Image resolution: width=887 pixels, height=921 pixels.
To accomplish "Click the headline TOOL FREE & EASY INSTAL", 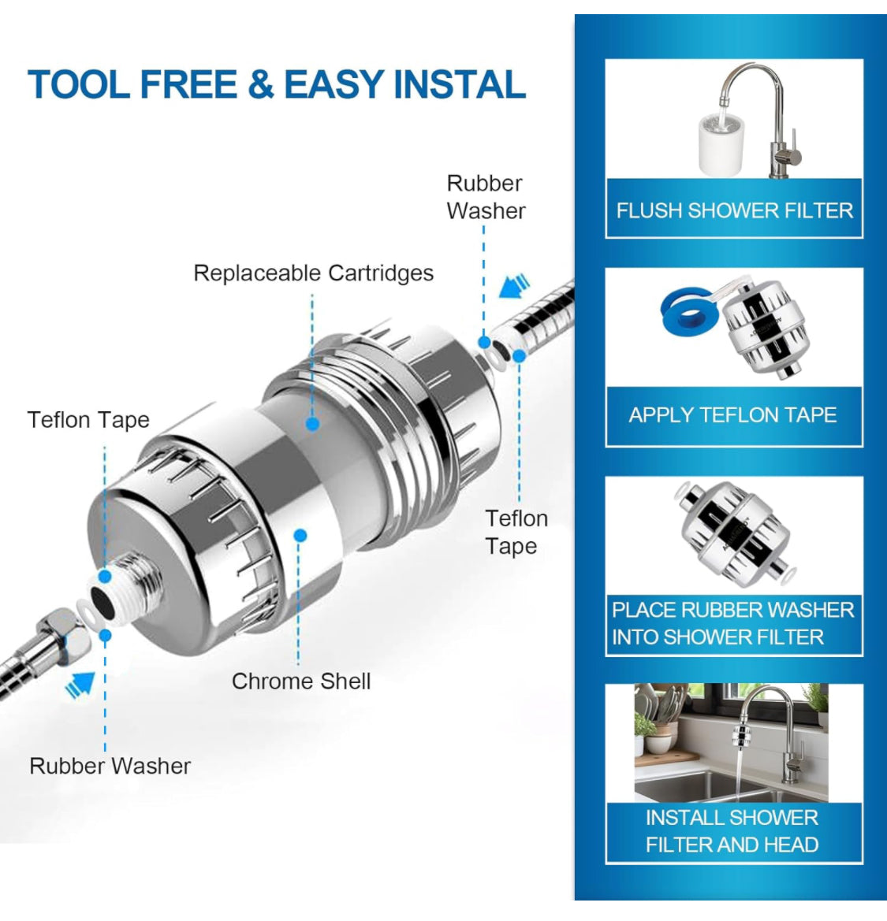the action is (x=276, y=84).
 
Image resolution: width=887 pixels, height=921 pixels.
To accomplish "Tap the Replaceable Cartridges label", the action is (x=313, y=273).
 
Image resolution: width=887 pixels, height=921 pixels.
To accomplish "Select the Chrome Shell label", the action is (x=301, y=681).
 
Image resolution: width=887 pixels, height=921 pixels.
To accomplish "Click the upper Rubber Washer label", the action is (x=486, y=197).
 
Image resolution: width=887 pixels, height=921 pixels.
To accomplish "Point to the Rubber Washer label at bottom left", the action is (x=110, y=766).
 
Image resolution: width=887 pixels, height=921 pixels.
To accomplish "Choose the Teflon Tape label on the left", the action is (x=88, y=420).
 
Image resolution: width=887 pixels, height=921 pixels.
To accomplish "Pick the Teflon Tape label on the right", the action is (x=516, y=532).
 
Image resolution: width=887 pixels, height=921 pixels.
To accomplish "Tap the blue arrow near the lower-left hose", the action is (x=80, y=685).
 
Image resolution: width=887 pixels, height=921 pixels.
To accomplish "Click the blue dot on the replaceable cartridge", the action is (x=313, y=423).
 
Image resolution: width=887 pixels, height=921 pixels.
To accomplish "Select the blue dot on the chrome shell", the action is (x=300, y=535).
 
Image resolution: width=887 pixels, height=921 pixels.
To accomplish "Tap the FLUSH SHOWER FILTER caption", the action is (x=734, y=210).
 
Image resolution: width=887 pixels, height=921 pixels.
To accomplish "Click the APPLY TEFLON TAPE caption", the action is (x=732, y=414).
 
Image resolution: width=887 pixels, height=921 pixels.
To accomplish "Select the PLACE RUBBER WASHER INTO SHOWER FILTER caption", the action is (x=733, y=623).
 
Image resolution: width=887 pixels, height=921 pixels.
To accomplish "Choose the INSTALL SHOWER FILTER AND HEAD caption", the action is (x=732, y=830).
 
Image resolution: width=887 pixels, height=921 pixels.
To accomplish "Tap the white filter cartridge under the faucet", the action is (x=721, y=145).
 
